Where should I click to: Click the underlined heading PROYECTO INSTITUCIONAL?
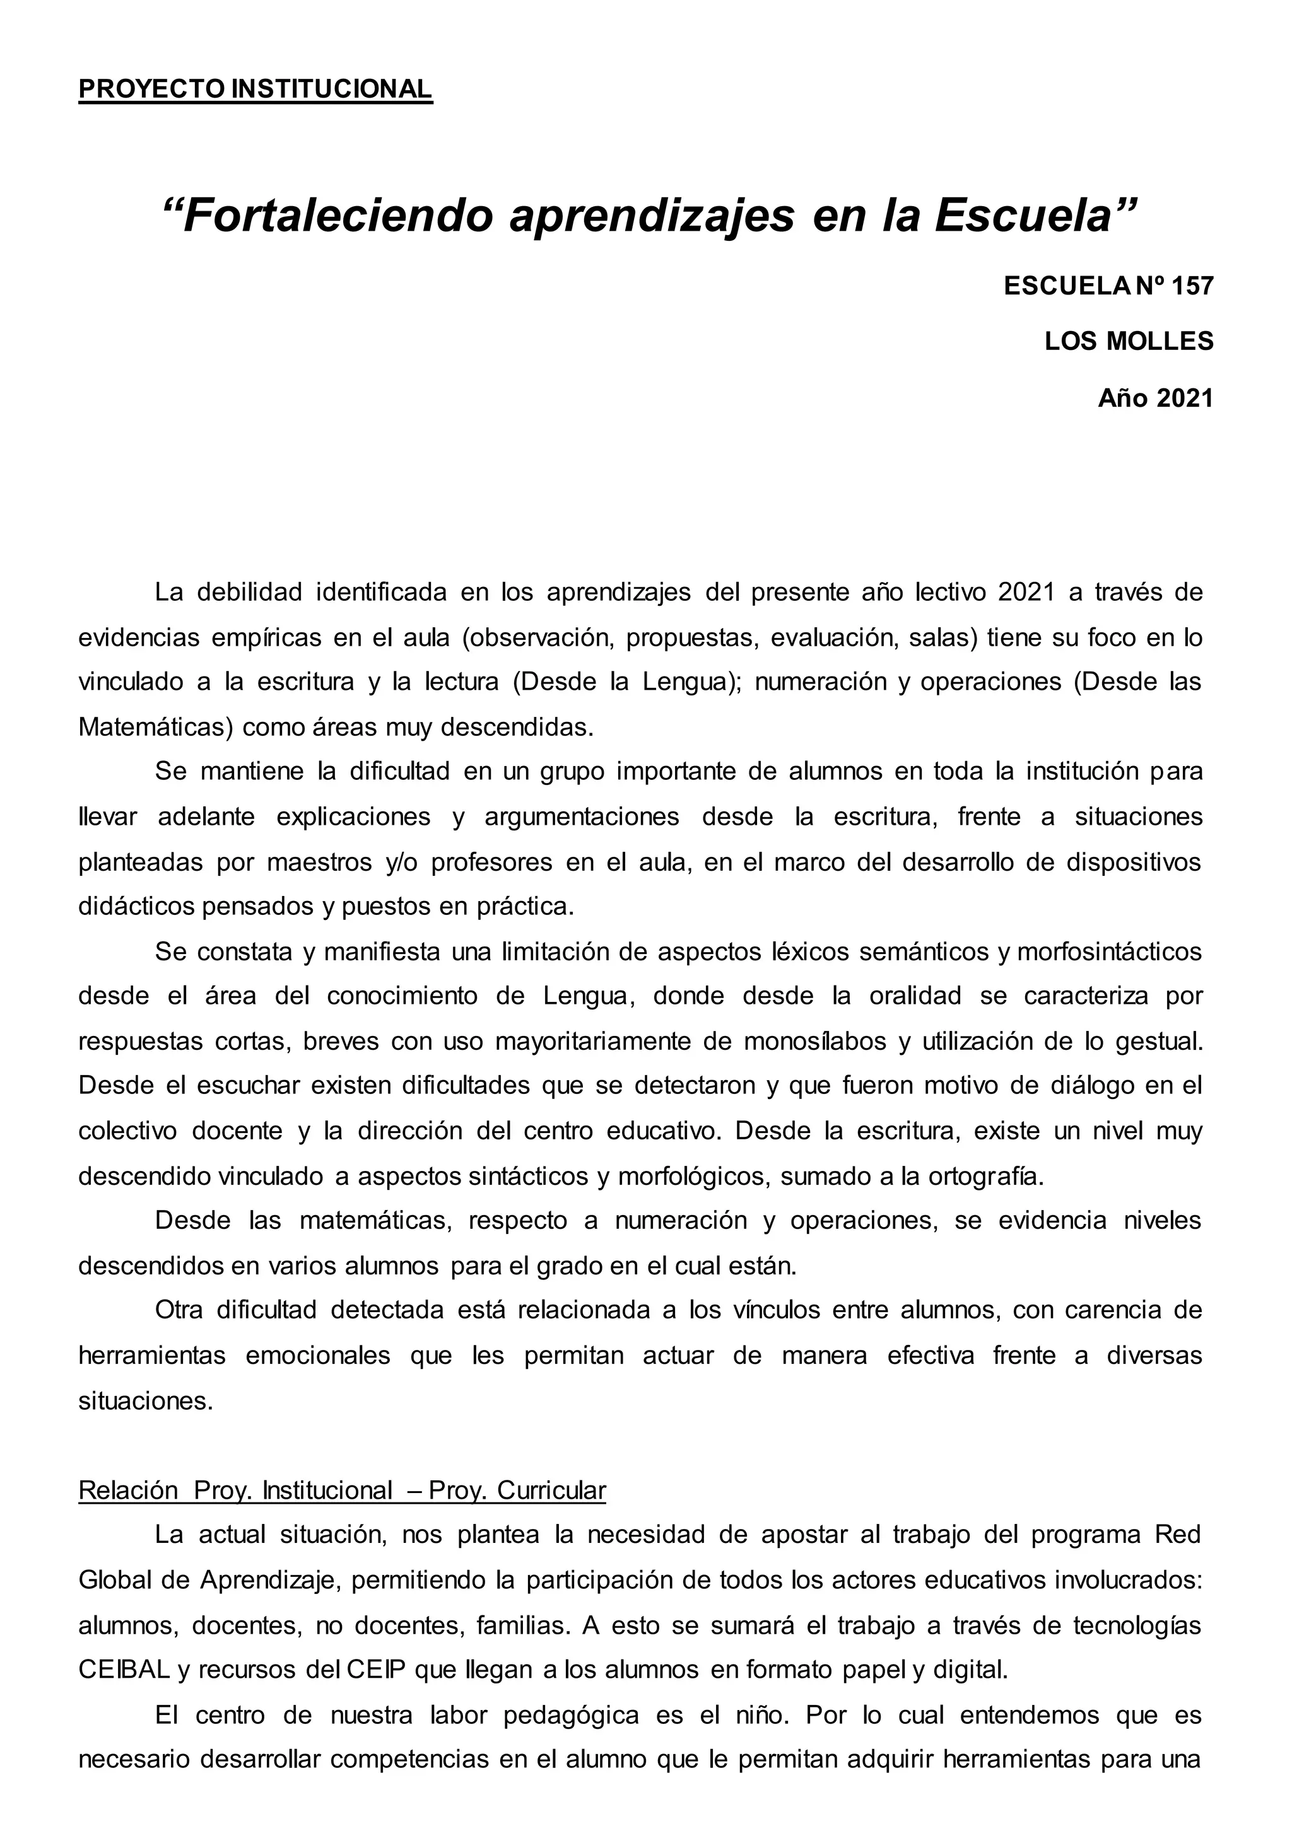(x=255, y=89)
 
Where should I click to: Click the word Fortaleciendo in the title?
(x=338, y=216)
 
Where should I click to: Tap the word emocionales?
(x=317, y=1355)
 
